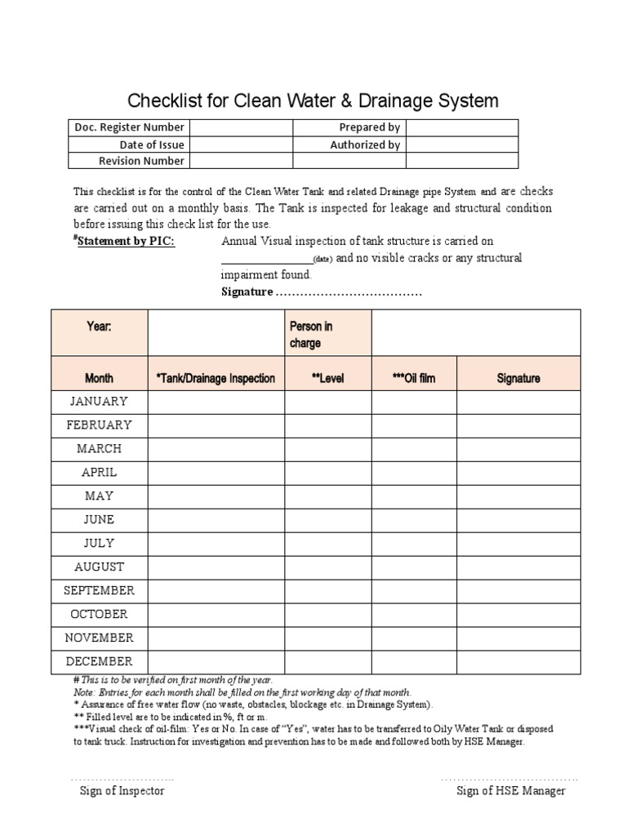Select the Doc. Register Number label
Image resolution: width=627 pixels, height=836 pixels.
pyautogui.click(x=129, y=127)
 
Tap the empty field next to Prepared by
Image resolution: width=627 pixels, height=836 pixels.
pyautogui.click(x=461, y=127)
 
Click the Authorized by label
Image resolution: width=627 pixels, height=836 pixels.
pyautogui.click(x=365, y=145)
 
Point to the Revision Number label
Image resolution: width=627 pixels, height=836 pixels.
pyautogui.click(x=141, y=161)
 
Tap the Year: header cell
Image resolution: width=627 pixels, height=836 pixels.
pyautogui.click(x=99, y=327)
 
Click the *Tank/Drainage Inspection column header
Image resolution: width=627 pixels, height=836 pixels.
pyautogui.click(x=216, y=379)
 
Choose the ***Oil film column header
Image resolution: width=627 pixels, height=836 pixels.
pyautogui.click(x=414, y=379)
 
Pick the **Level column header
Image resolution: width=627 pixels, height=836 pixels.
pyautogui.click(x=328, y=379)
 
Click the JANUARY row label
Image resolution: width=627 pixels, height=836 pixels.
pyautogui.click(x=99, y=401)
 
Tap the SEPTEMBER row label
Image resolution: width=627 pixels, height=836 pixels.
pyautogui.click(x=99, y=590)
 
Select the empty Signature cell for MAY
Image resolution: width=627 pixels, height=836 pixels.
pyautogui.click(x=518, y=496)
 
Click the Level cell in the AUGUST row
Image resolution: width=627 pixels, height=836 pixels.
pyautogui.click(x=328, y=567)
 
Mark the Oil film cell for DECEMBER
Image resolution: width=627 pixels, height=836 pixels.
pyautogui.click(x=414, y=661)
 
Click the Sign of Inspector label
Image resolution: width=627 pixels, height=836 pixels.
pyautogui.click(x=122, y=790)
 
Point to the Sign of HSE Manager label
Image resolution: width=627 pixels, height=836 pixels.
pyautogui.click(x=511, y=790)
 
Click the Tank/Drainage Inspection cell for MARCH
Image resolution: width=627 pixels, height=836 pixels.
pyautogui.click(x=216, y=448)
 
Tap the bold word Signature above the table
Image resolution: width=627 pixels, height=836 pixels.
pyautogui.click(x=247, y=292)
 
